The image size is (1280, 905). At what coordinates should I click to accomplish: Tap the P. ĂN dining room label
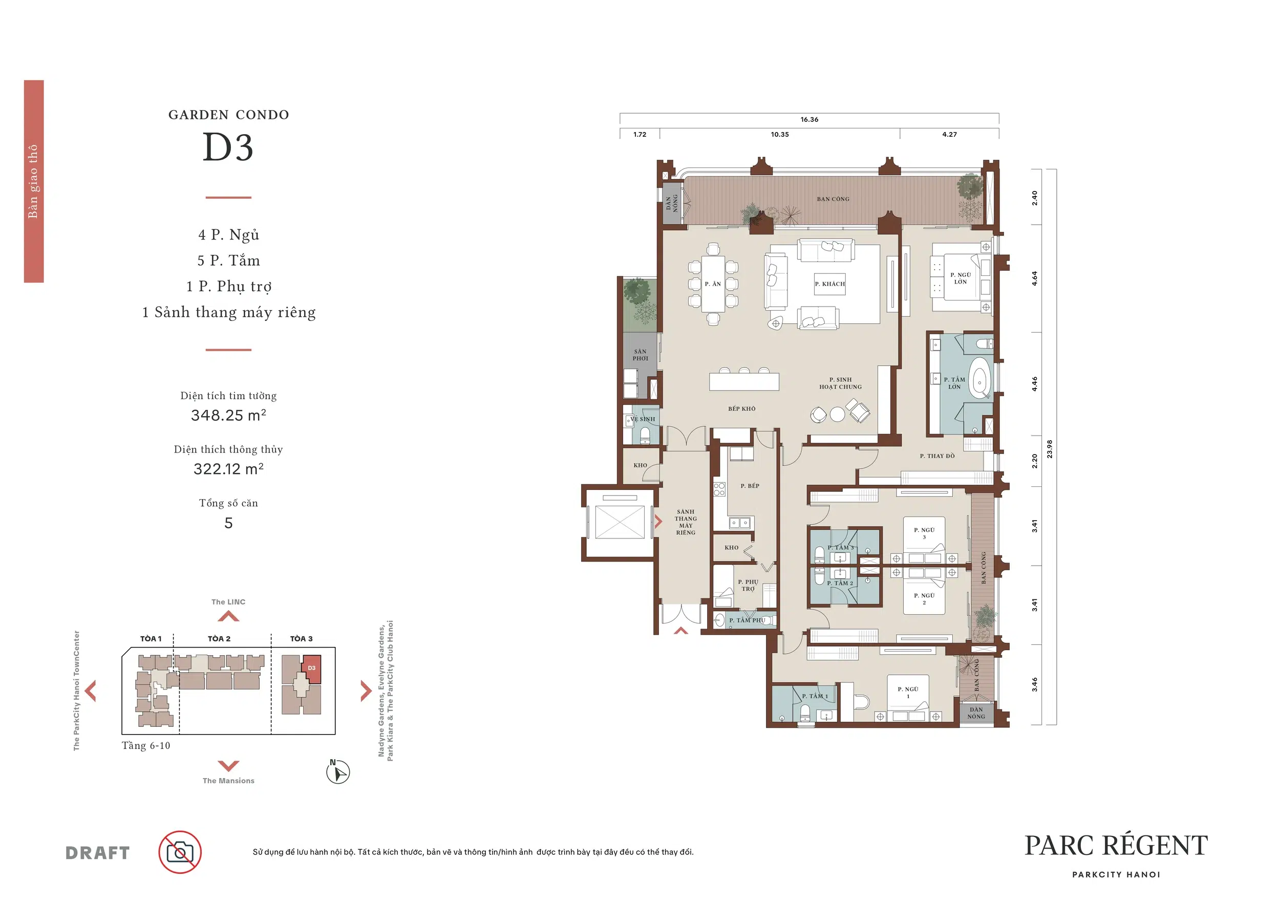(x=713, y=284)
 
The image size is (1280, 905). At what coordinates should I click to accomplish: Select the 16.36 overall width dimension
(x=809, y=119)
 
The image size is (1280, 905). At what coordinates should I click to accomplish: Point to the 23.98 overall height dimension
(x=1050, y=449)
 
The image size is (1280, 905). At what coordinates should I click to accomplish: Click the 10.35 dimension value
(x=780, y=134)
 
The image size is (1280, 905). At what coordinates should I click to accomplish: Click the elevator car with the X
(x=620, y=522)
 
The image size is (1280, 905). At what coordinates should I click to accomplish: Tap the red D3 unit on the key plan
(x=311, y=668)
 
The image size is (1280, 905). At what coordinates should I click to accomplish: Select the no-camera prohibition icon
(x=180, y=852)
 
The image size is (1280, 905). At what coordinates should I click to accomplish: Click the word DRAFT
(x=98, y=853)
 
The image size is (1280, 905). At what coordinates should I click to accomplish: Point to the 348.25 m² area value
(x=228, y=415)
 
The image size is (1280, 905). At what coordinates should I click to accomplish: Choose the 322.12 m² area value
(x=228, y=469)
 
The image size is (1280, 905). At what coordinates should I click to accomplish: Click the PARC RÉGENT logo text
(x=1116, y=846)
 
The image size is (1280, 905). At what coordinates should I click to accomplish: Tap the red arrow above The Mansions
(x=228, y=765)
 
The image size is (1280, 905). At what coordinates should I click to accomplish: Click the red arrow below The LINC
(x=228, y=616)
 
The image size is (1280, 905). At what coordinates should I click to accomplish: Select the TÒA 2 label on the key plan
(x=219, y=639)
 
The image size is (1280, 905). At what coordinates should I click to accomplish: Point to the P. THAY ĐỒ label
(x=937, y=456)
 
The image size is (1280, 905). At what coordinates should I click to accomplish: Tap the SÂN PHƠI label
(x=640, y=355)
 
